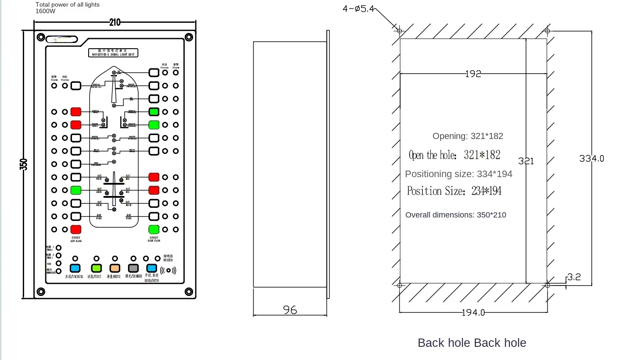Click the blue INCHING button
pyautogui.click(x=75, y=268)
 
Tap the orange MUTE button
pyautogui.click(x=115, y=268)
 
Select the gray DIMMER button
pyautogui.click(x=133, y=268)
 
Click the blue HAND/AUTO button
pyautogui.click(x=152, y=268)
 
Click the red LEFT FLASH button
pyautogui.click(x=76, y=229)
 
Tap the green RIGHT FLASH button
pyautogui.click(x=154, y=229)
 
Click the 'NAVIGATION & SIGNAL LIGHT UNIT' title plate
pyautogui.click(x=113, y=53)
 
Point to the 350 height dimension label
pyautogui.click(x=24, y=164)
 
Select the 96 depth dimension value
pyautogui.click(x=290, y=310)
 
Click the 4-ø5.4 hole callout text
pyautogui.click(x=358, y=8)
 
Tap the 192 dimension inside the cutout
pyautogui.click(x=473, y=74)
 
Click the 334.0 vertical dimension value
pyautogui.click(x=591, y=159)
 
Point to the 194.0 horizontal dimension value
pyautogui.click(x=473, y=313)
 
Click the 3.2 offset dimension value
pyautogui.click(x=573, y=277)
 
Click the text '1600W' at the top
pyautogui.click(x=46, y=11)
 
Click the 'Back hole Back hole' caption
pyautogui.click(x=472, y=343)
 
